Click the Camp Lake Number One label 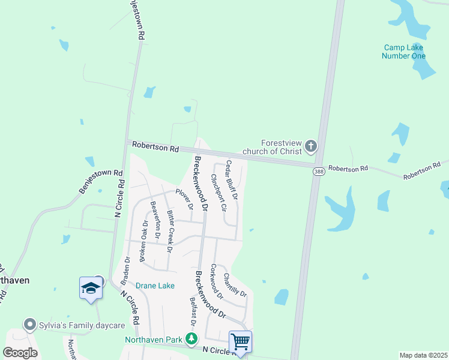point(403,52)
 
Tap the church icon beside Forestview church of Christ point(310,146)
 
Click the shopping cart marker point(240,342)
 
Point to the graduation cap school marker point(91,289)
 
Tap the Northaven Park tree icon point(191,340)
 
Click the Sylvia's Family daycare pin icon point(29,325)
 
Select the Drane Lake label point(155,286)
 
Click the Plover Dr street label point(184,199)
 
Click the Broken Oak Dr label point(143,241)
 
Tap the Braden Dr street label point(127,270)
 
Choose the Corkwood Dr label point(217,281)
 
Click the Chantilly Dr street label point(235,285)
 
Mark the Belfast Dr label point(193,313)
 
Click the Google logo point(20,352)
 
